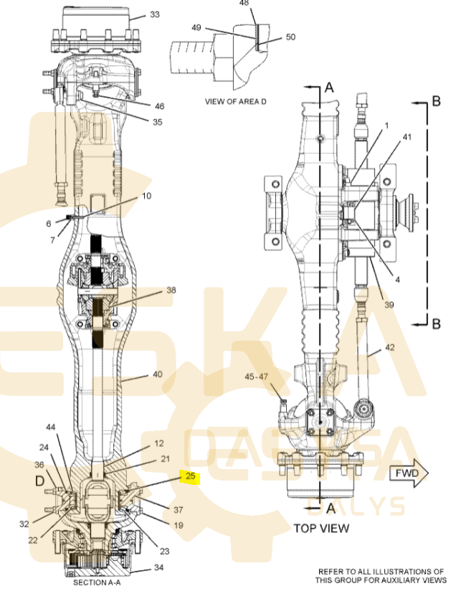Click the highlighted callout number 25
coord(190,476)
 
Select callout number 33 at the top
coord(155,14)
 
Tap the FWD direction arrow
coord(408,473)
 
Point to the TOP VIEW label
coord(321,529)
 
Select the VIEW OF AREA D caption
coord(236,102)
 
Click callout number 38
coord(171,290)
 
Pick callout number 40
coord(157,374)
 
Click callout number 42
coord(389,347)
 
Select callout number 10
coord(146,196)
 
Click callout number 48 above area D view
coord(244,4)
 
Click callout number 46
coord(158,106)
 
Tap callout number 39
coord(389,306)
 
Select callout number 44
coord(50,427)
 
